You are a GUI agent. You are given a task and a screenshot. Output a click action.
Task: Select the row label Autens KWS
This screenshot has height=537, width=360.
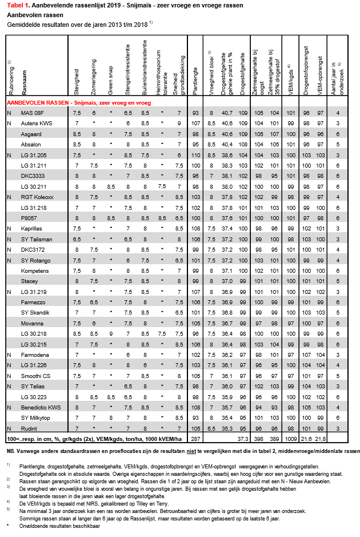33,123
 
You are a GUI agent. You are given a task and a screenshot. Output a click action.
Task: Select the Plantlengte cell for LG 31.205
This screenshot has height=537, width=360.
195,154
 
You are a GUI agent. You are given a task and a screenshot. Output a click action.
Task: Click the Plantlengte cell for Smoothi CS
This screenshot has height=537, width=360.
195,376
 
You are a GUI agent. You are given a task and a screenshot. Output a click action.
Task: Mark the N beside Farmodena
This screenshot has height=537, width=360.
9,355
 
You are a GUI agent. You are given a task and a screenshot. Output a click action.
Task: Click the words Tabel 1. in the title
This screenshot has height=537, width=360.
18,5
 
